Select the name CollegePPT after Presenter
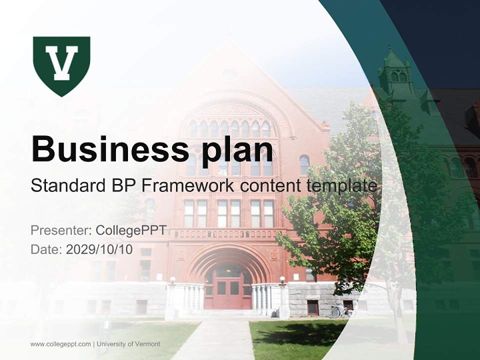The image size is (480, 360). (131, 230)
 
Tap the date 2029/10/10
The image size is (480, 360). (99, 249)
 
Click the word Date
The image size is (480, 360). (45, 249)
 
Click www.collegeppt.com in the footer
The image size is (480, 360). (60, 344)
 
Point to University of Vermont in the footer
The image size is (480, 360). (128, 344)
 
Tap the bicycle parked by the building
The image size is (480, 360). (342, 311)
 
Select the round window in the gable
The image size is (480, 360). (229, 74)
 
